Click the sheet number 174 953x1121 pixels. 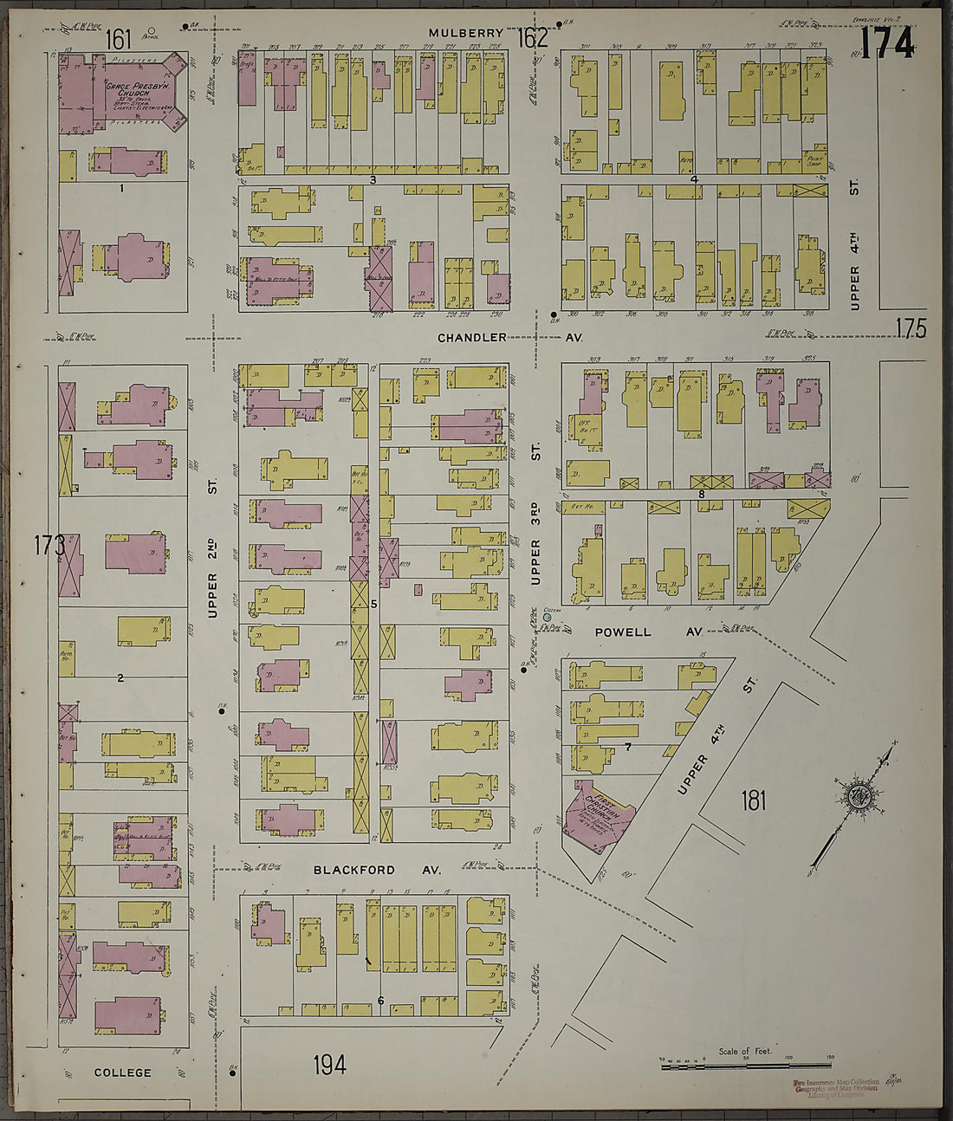click(x=886, y=43)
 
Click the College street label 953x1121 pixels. click(x=122, y=1072)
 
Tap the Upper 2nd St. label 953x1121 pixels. click(x=212, y=579)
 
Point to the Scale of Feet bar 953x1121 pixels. click(x=747, y=1065)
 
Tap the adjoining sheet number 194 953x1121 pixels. click(x=329, y=1064)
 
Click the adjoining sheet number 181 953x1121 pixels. click(x=753, y=800)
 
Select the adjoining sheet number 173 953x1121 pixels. click(x=49, y=546)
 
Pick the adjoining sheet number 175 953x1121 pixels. click(x=911, y=328)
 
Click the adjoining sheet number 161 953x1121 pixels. click(x=119, y=39)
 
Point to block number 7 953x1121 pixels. click(x=627, y=746)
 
